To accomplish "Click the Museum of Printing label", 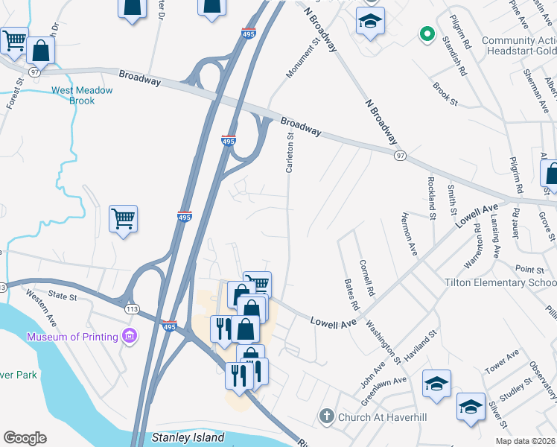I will [x=72, y=337].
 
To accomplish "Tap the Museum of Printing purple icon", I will [x=131, y=336].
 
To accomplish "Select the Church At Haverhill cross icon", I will [x=325, y=416].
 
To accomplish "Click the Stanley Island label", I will [x=187, y=437].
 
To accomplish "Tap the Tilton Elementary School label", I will [x=510, y=283].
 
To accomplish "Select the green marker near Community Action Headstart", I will [x=427, y=33].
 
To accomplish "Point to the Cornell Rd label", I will [x=366, y=279].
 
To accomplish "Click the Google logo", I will [x=25, y=438].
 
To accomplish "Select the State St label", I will [x=63, y=297].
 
